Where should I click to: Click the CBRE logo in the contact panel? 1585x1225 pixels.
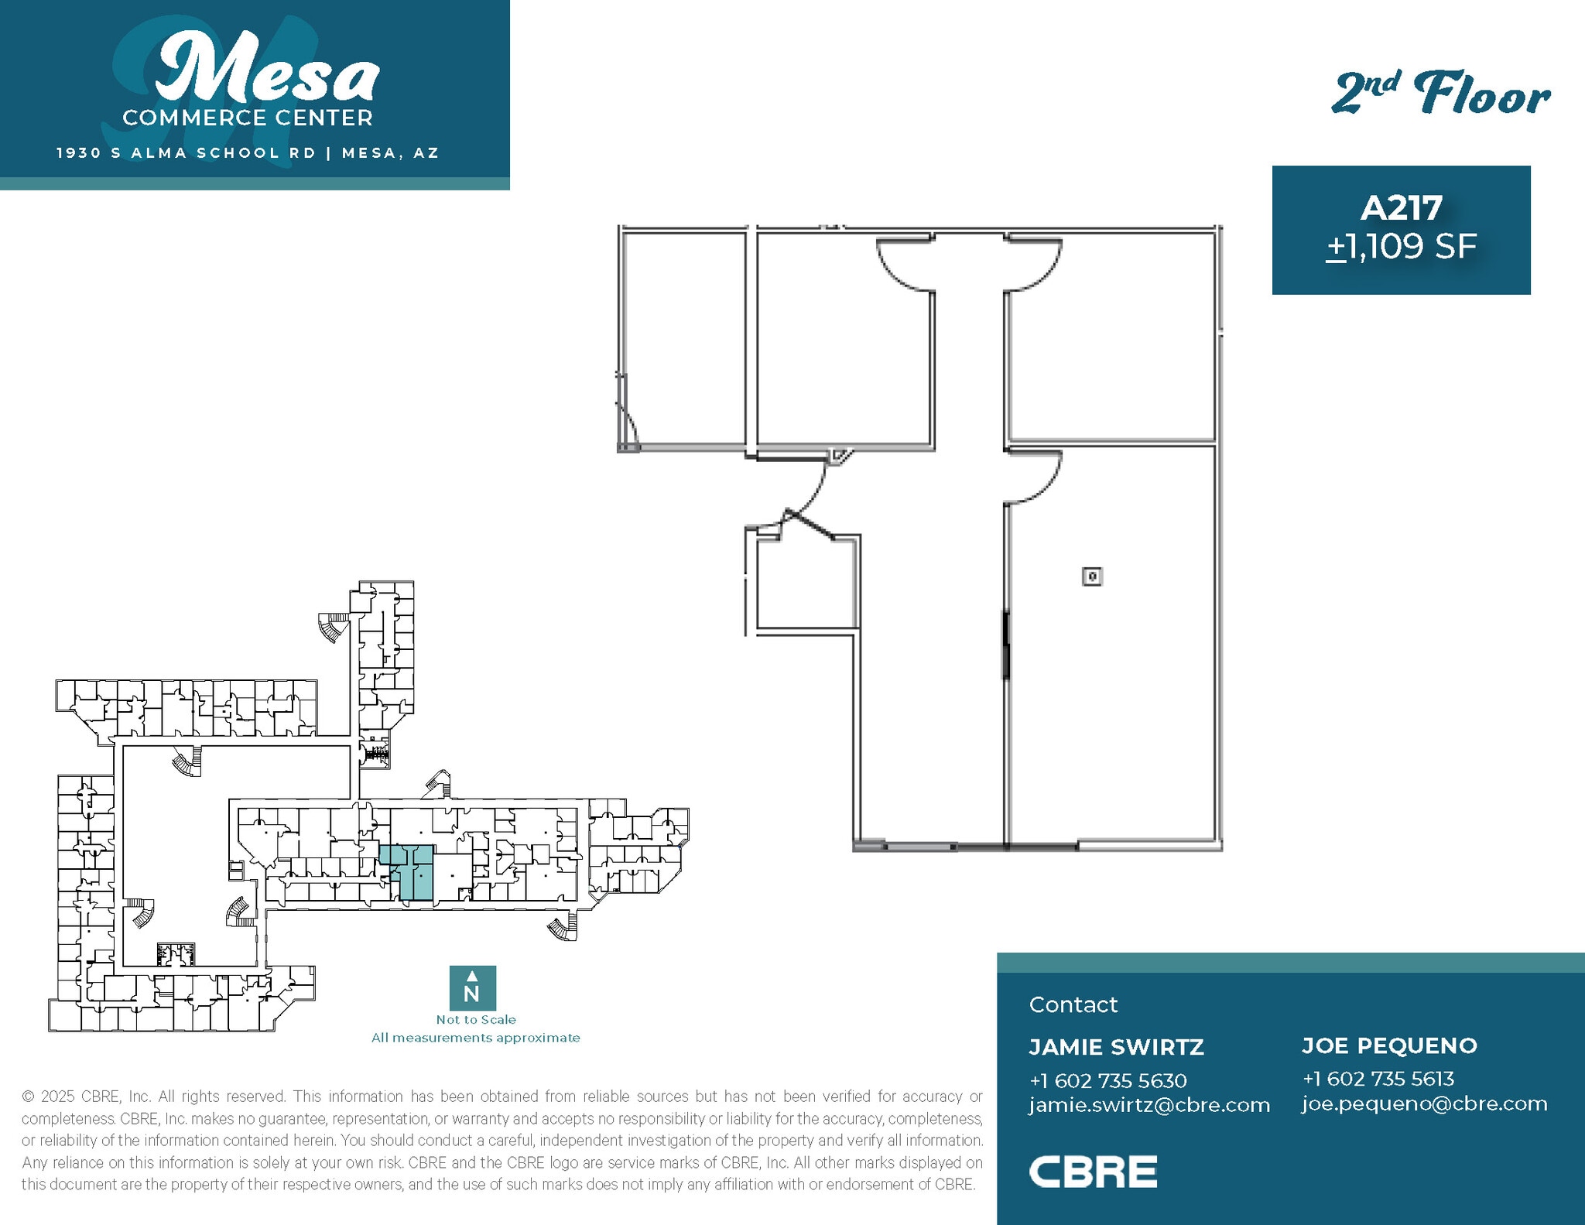[x=1092, y=1172]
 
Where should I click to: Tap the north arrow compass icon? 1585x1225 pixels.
[x=472, y=987]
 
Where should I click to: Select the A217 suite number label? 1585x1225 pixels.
[x=1401, y=207]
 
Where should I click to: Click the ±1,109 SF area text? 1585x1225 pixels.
[x=1401, y=247]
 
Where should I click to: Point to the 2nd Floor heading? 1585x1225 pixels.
[x=1440, y=94]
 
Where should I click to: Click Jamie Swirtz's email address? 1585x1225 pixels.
[x=1149, y=1105]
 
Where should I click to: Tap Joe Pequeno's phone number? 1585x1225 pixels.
[x=1378, y=1079]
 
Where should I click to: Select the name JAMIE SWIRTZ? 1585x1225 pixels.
[x=1116, y=1047]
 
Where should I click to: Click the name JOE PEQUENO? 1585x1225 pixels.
[x=1389, y=1045]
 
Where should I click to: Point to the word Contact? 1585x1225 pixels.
[x=1073, y=1004]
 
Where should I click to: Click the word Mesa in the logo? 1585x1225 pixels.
[x=267, y=70]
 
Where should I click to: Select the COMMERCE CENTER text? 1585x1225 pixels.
[x=248, y=118]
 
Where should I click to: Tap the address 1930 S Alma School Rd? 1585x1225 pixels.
[x=187, y=153]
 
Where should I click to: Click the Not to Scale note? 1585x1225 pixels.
[x=475, y=1020]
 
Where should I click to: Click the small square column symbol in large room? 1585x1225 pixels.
[x=1091, y=577]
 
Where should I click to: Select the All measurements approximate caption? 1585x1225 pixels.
[x=475, y=1038]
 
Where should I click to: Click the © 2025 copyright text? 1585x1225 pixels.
[x=85, y=1097]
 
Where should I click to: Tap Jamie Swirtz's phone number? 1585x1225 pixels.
[x=1107, y=1080]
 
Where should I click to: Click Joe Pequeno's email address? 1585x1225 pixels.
[x=1424, y=1104]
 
